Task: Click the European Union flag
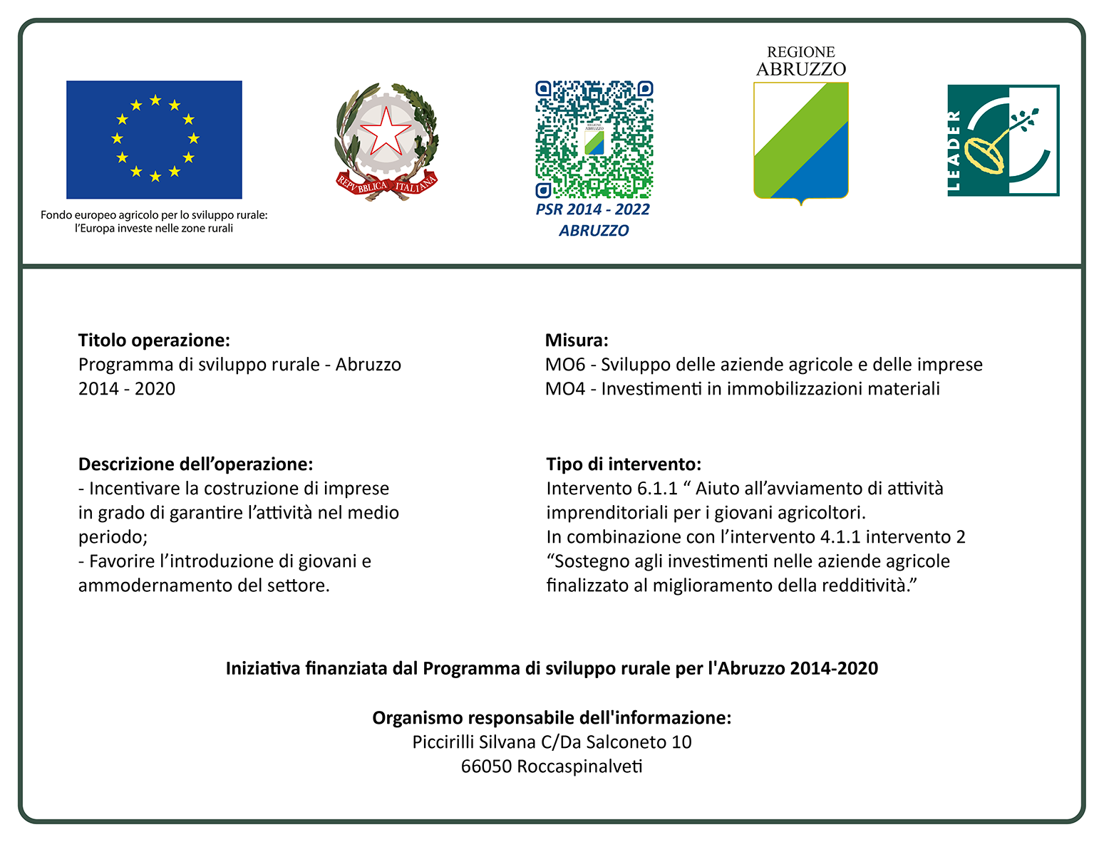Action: coord(154,140)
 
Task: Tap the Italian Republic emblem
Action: coord(386,141)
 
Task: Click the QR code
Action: coord(594,139)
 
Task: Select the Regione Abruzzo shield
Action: coord(800,141)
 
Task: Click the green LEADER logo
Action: coord(1003,140)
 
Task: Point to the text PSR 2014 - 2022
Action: coord(593,209)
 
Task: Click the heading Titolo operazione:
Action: coord(154,341)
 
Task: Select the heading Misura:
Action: coord(577,341)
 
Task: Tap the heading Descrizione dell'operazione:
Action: coord(195,464)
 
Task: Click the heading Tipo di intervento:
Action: coord(624,464)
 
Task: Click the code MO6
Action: coord(565,365)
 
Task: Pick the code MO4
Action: coord(565,389)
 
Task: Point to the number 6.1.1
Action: coord(657,489)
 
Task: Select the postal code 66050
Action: coord(486,766)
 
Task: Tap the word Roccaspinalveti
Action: coord(579,766)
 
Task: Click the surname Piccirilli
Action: coord(443,742)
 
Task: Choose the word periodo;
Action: coord(113,537)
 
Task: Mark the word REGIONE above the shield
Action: coord(800,52)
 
